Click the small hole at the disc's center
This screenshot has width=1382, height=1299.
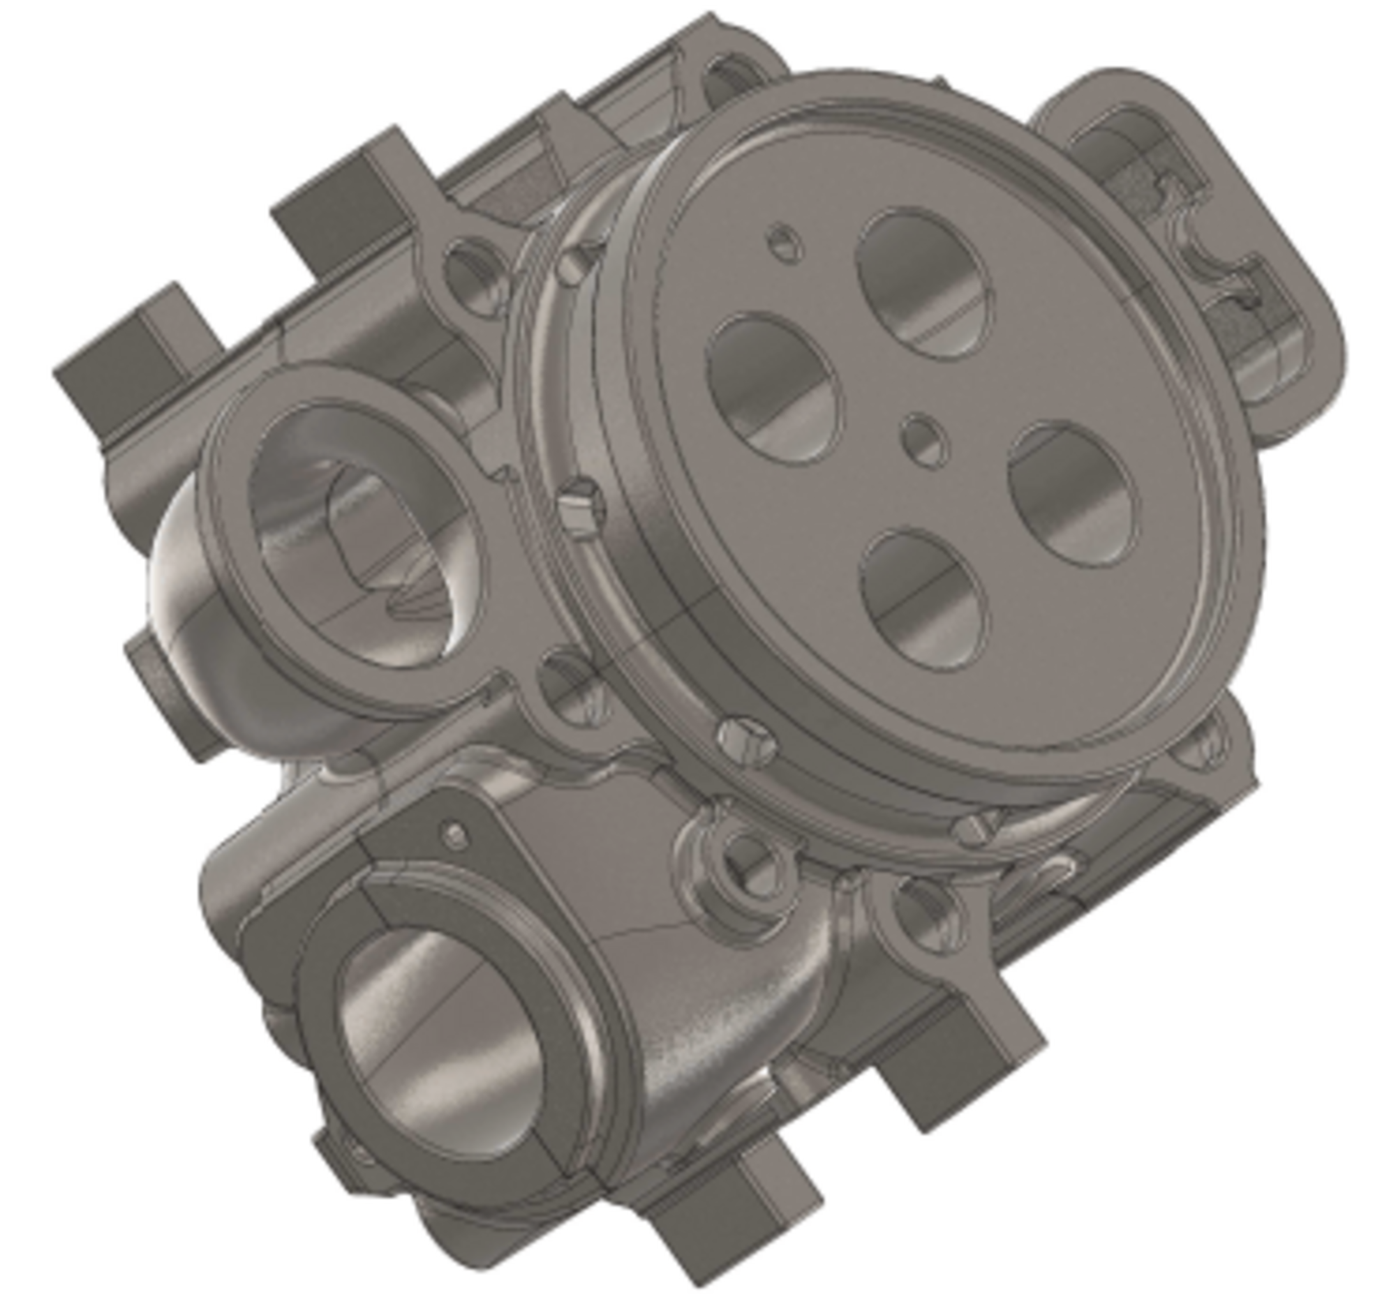tap(925, 440)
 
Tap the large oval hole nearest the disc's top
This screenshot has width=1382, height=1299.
tap(925, 283)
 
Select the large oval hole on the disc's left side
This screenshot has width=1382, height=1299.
tap(773, 388)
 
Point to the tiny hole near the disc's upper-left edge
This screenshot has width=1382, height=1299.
tap(785, 242)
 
